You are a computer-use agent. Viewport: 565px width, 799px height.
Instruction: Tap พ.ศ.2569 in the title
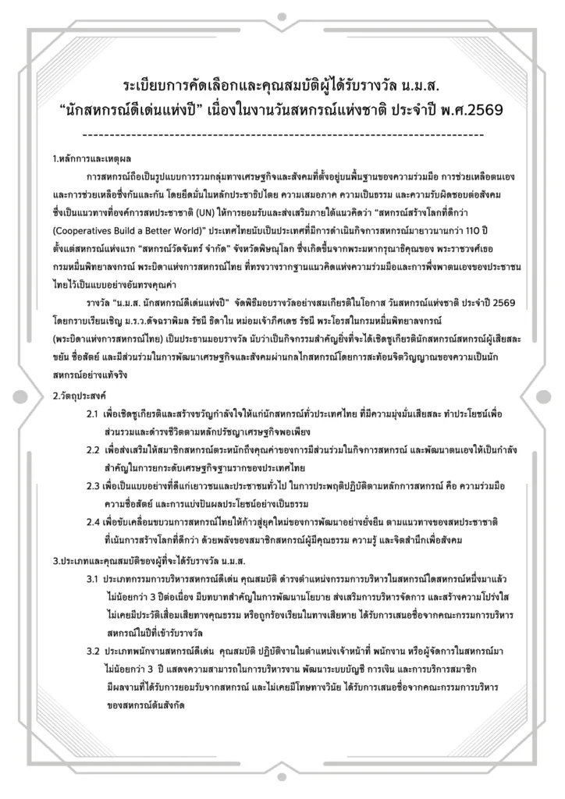[x=470, y=110]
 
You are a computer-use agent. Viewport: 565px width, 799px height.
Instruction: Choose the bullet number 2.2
[x=93, y=451]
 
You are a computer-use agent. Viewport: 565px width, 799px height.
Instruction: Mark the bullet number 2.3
[x=93, y=485]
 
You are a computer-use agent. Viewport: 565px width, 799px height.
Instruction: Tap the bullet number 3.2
[x=93, y=650]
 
